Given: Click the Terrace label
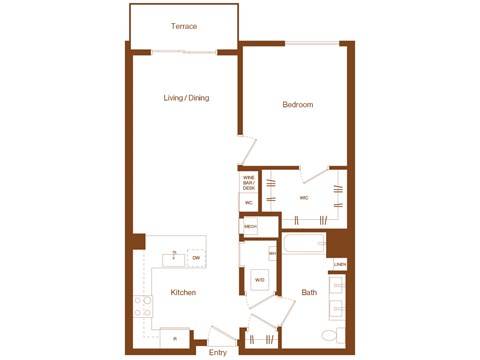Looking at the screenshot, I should tap(183, 26).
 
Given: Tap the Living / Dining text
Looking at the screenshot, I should tap(186, 98).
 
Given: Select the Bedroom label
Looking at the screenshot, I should tap(297, 105).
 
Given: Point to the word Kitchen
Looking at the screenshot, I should tap(183, 292).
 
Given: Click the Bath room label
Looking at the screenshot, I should tap(309, 292).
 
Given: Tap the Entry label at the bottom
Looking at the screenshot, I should tap(218, 352).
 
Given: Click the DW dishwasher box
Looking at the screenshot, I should tap(196, 258).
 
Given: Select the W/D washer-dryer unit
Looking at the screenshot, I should tap(259, 279).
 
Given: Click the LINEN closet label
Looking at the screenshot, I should tap(340, 264).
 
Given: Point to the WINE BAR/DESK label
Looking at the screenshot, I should tap(249, 183).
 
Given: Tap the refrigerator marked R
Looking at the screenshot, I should tap(175, 339).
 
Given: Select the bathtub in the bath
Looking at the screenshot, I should tap(304, 245).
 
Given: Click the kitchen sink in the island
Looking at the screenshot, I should tap(174, 258).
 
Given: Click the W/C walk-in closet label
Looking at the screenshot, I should tap(304, 198).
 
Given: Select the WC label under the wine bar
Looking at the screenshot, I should tap(248, 202).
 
